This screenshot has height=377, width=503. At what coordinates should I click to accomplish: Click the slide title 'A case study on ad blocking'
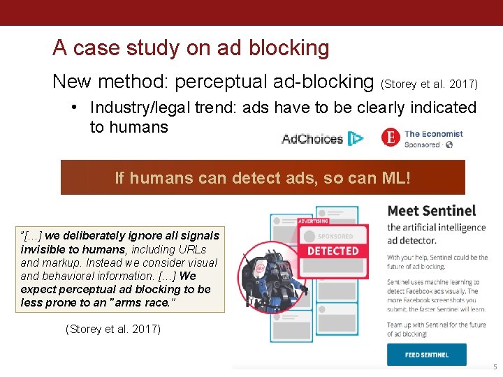191,47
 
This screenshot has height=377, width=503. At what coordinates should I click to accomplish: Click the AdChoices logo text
312,139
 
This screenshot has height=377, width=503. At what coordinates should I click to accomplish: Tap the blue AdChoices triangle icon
356,139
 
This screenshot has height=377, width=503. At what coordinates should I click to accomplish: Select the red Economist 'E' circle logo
391,138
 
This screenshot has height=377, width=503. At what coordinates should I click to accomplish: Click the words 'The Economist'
434,133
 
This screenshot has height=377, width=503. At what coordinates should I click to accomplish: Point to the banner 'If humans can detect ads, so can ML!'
263,178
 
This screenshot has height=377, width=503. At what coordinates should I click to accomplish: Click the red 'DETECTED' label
333,251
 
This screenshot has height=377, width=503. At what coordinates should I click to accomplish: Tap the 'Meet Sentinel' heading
431,210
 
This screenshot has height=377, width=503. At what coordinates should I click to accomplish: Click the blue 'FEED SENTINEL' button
426,355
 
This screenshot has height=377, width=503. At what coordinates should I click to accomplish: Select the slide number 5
495,367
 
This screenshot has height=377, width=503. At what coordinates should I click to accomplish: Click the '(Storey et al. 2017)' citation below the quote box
112,329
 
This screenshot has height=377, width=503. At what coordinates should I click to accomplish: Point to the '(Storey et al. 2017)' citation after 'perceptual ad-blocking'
430,84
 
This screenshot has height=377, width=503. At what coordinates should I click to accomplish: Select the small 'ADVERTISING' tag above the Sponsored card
313,221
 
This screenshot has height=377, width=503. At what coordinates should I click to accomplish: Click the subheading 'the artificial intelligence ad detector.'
436,234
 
